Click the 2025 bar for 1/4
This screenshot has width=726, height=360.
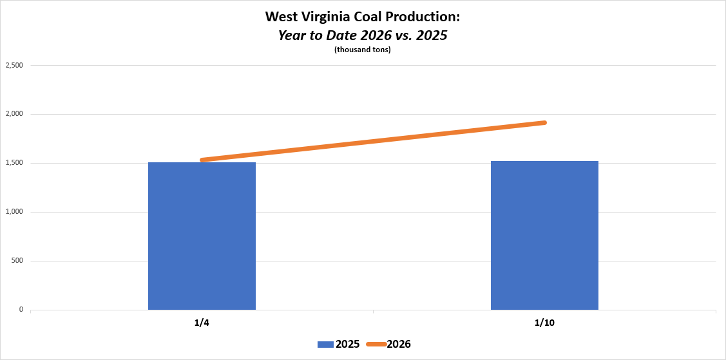pos(202,236)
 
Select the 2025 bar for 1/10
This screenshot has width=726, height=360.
pos(544,235)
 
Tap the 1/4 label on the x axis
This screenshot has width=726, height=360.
pos(202,322)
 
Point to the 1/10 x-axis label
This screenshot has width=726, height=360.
pos(544,322)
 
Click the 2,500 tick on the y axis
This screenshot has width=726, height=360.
pos(14,66)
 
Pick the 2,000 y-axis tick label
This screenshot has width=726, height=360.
pos(14,115)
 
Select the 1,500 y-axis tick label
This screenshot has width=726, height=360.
pos(14,164)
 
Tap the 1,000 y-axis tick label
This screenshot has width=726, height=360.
pos(14,213)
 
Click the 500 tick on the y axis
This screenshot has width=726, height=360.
pos(17,261)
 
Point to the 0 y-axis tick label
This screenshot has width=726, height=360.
pos(21,310)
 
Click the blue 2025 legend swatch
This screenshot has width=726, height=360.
pos(325,345)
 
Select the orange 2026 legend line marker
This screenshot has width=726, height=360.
pos(376,345)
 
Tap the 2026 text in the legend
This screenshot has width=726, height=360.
pos(399,345)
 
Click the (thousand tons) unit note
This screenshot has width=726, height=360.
pos(363,50)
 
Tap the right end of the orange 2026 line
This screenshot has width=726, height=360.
pos(544,122)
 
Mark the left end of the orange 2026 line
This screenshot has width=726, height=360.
pos(202,160)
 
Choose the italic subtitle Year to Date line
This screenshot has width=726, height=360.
pos(363,35)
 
